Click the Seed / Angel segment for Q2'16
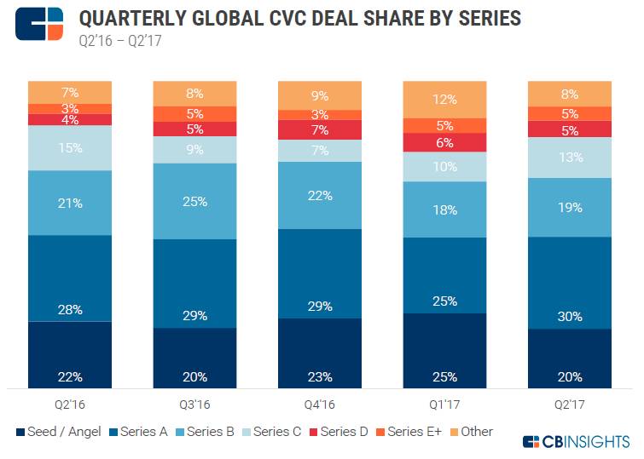[69, 354]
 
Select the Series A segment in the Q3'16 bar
[194, 284]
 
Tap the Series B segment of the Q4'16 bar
[319, 195]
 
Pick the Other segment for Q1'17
[444, 99]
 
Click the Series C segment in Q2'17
[569, 157]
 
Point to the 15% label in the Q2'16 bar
[70, 147]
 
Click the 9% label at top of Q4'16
[320, 95]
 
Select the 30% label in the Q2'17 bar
[570, 316]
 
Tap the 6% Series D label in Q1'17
[444, 143]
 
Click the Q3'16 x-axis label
[194, 405]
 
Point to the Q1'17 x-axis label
[444, 405]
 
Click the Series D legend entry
[338, 432]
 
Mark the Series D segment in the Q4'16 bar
[319, 129]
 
